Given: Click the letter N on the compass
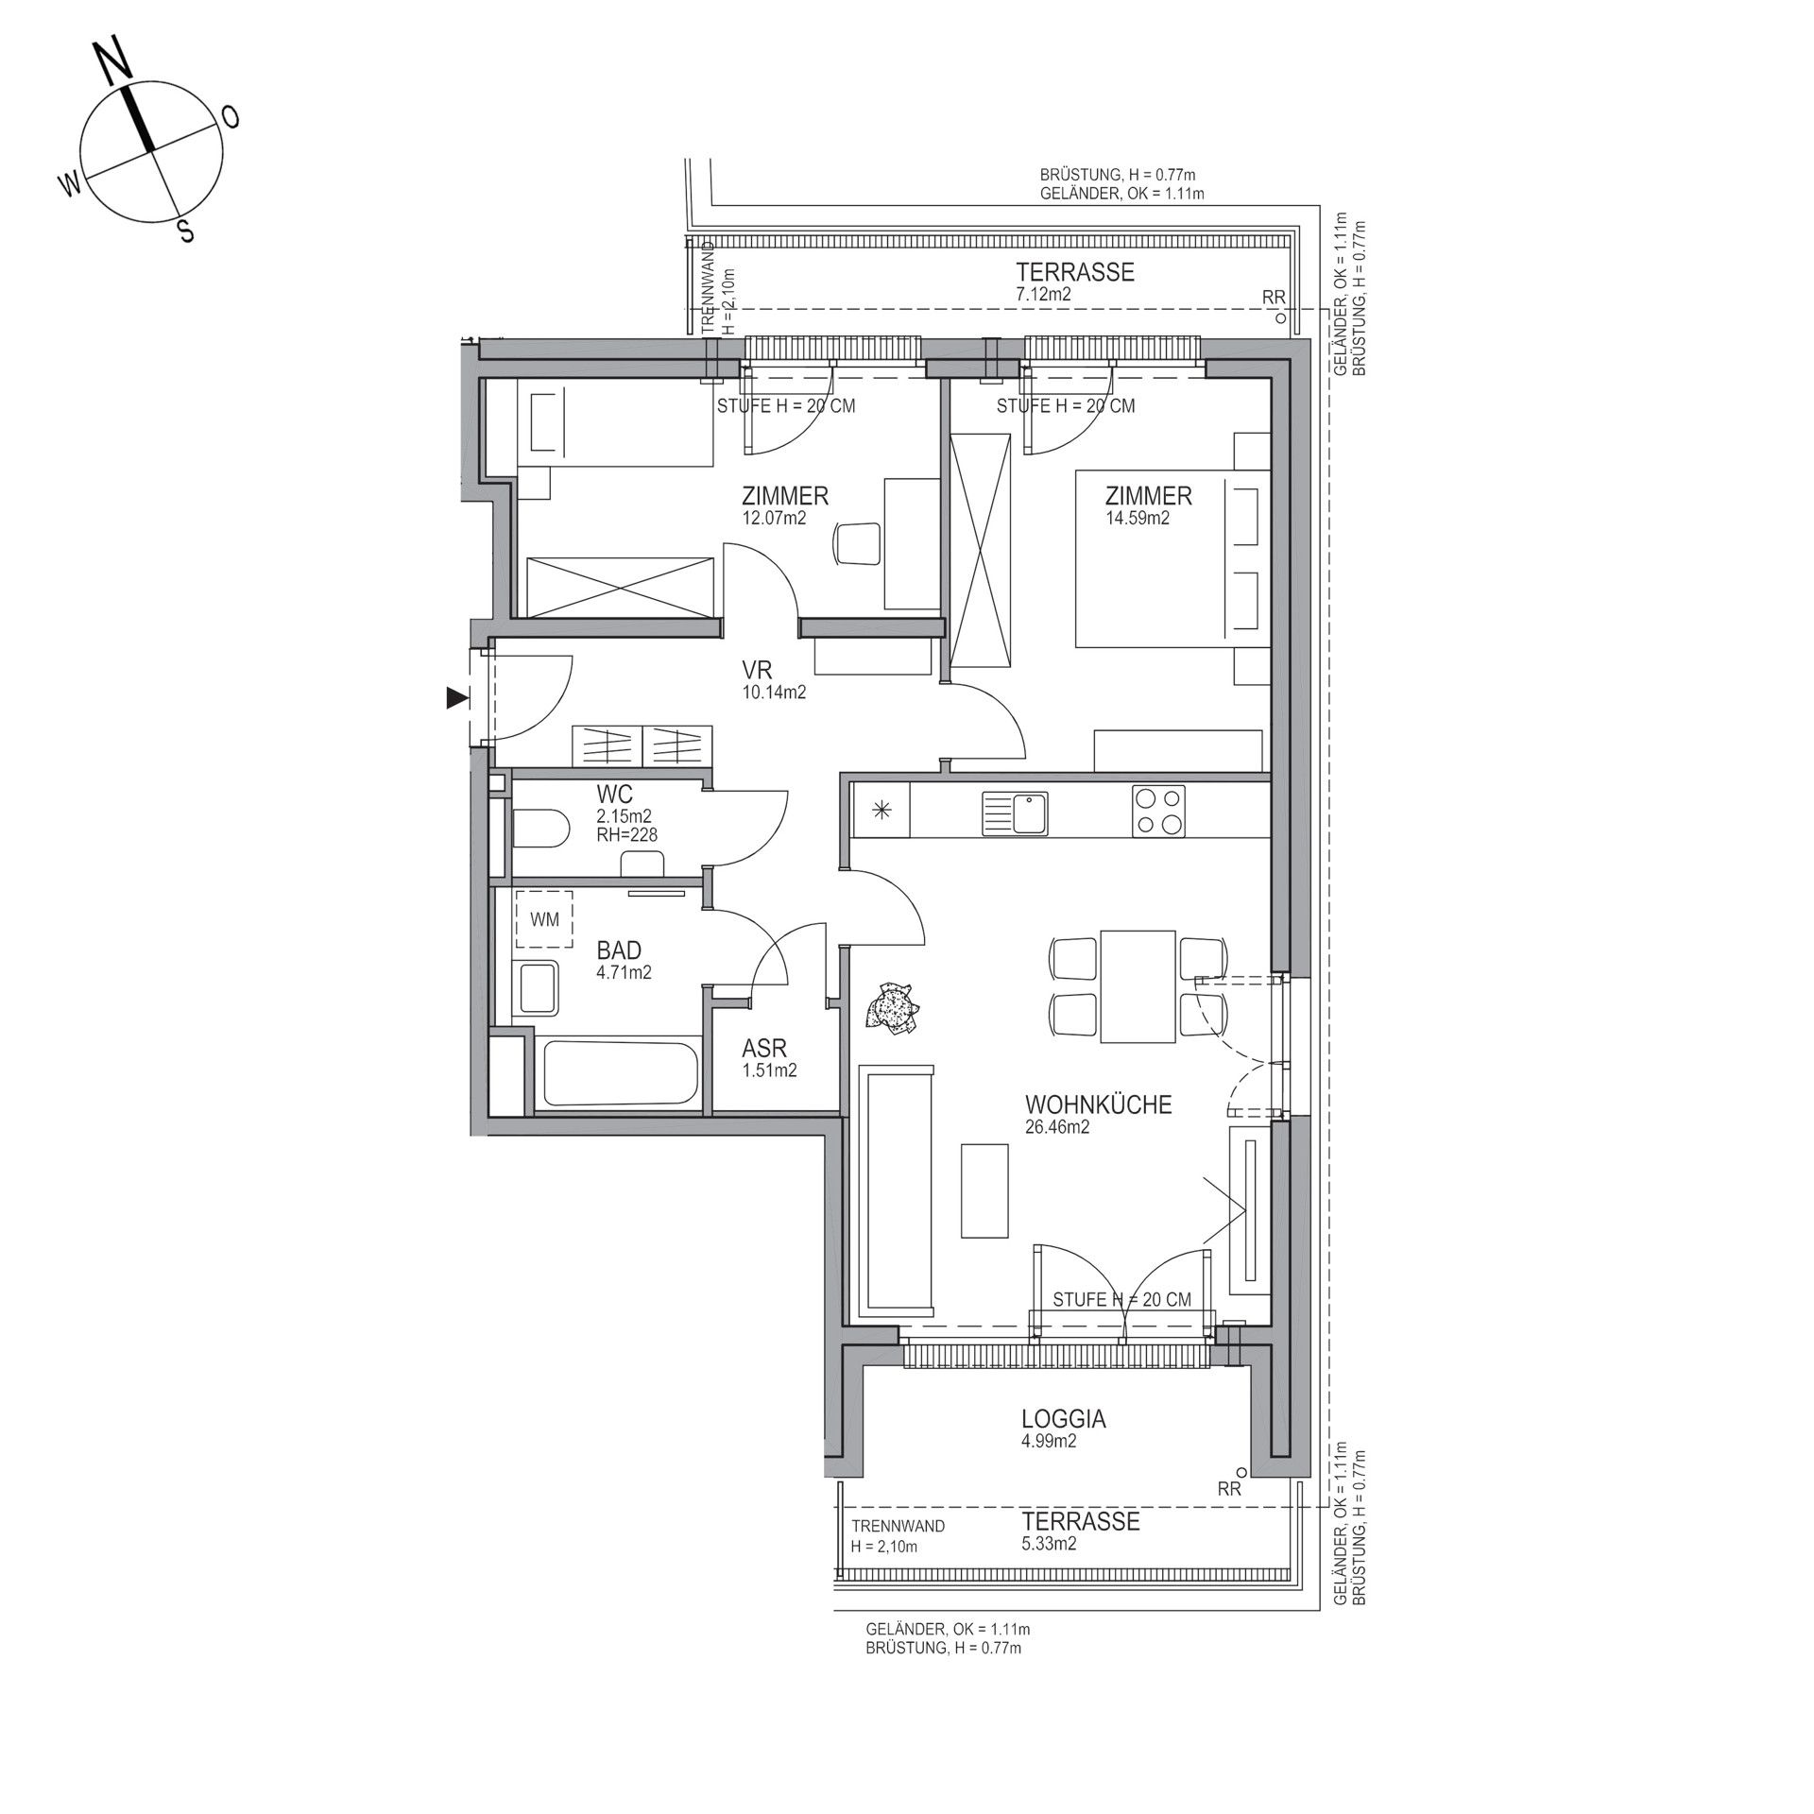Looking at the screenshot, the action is point(114,63).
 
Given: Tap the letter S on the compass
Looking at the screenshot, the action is point(187,230).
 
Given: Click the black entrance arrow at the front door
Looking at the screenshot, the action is point(457,698).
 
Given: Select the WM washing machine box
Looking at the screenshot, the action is point(544,919).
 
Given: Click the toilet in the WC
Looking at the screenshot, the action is point(539,830).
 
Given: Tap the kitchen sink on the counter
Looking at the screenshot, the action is point(1015,813).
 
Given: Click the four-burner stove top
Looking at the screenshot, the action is point(1159,812).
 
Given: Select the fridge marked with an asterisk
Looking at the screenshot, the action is point(881,810).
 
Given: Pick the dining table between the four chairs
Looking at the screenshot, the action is point(1138,986).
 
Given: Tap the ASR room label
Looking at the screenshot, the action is point(764,1049).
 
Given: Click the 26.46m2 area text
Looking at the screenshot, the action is point(1057,1126).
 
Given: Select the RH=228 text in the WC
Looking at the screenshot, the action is point(627,834).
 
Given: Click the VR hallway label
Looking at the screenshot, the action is point(758,671).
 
